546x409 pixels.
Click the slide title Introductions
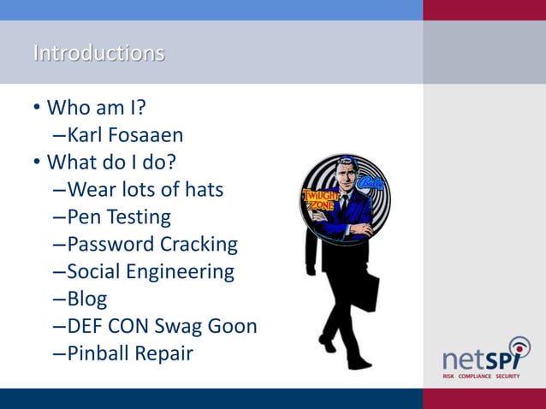click(x=98, y=53)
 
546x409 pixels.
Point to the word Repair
click(x=166, y=353)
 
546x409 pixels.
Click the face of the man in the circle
click(x=346, y=175)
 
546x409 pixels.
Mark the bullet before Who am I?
click(x=37, y=109)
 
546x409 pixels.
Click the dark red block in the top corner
click(x=484, y=9)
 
